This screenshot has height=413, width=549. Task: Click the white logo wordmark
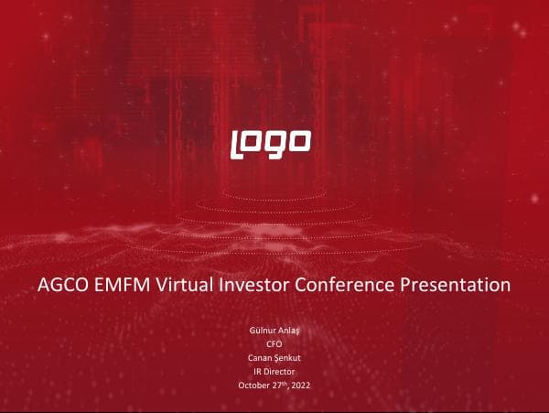[x=271, y=141]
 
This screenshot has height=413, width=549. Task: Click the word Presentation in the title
[x=455, y=285]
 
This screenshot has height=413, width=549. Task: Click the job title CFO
[x=274, y=343]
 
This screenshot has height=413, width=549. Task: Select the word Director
[x=280, y=371]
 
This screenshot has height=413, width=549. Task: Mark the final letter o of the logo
[x=301, y=141]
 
